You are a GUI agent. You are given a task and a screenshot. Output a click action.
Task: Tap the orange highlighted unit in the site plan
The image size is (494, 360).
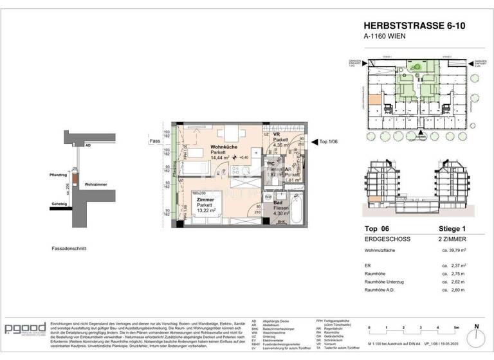tap(374, 100)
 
